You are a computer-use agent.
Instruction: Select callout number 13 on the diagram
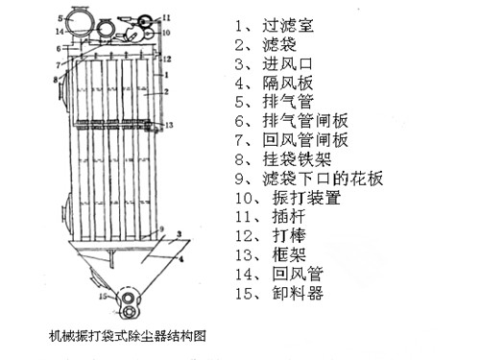pos(170,126)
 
